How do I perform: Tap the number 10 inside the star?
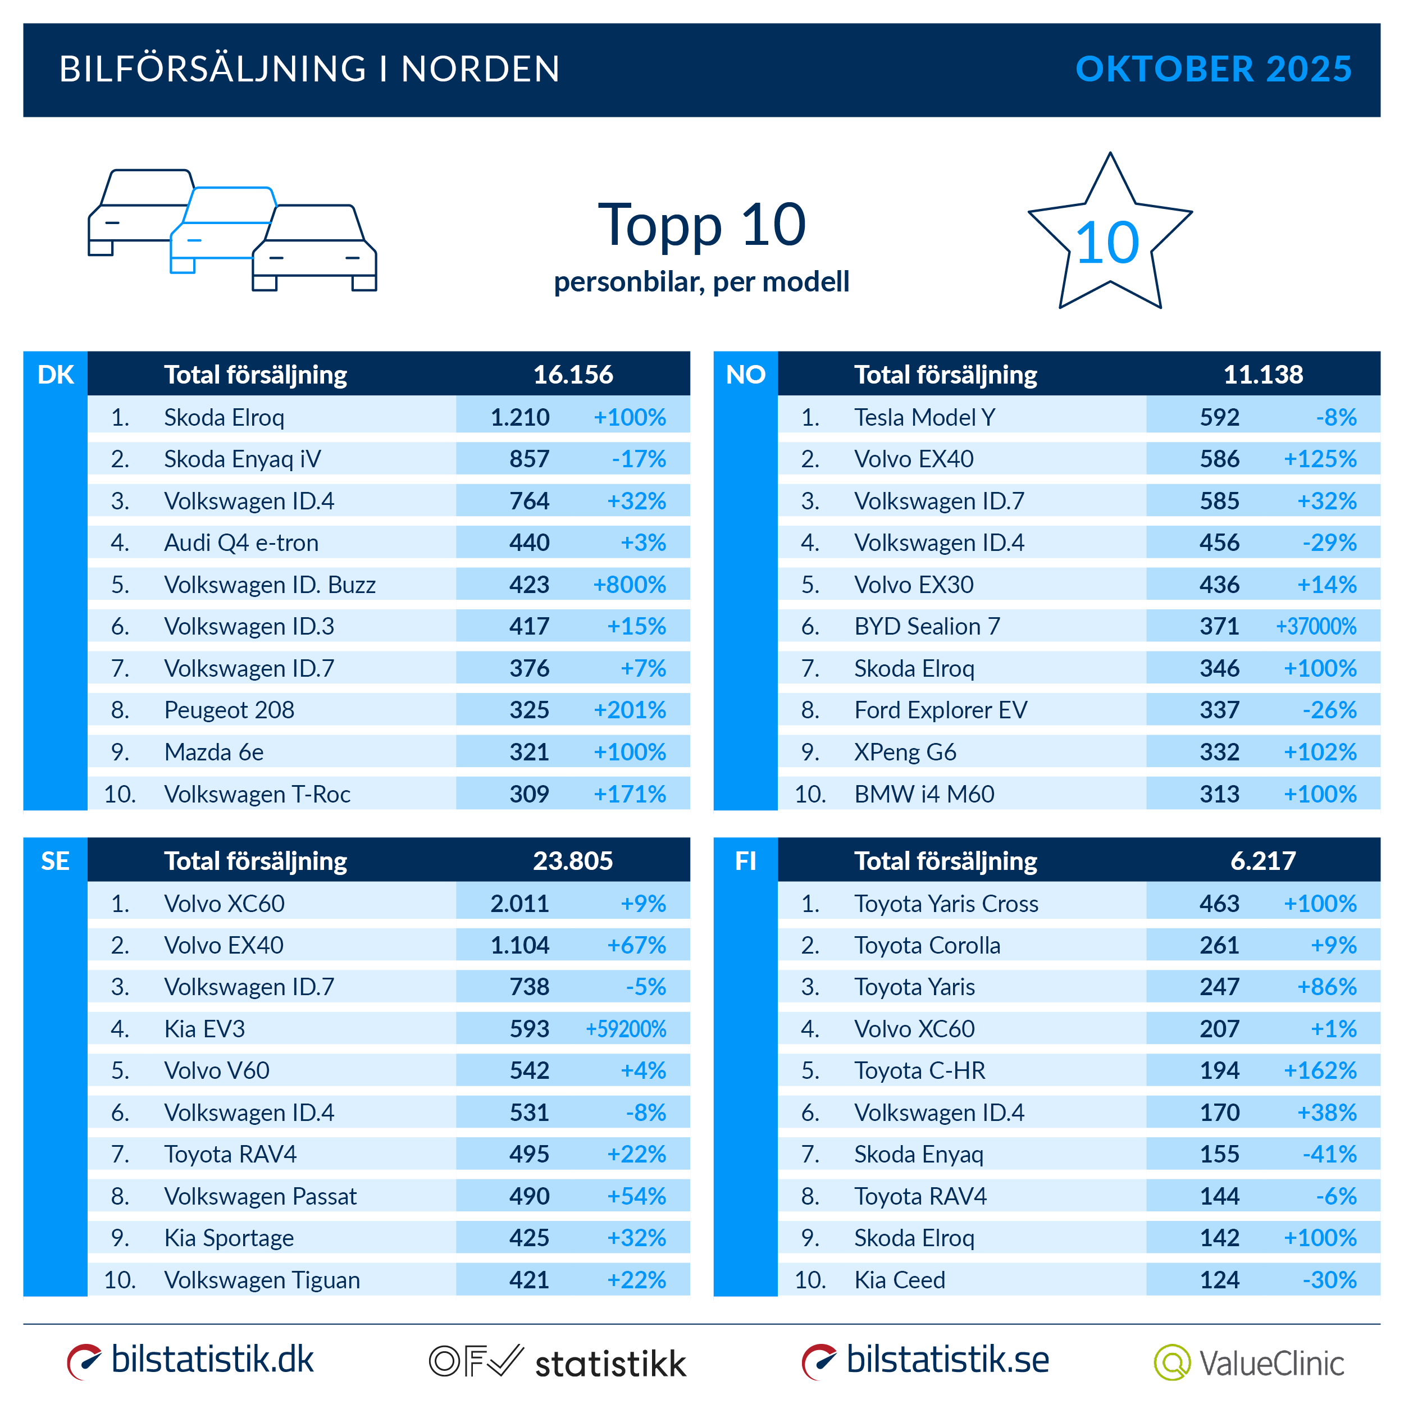(1107, 243)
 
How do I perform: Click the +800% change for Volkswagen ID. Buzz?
(630, 584)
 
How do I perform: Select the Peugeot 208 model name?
(229, 710)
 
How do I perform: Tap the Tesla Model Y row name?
(924, 417)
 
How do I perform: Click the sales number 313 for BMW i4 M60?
(1219, 794)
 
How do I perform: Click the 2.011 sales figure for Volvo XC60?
(519, 903)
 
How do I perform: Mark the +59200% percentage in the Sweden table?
(626, 1029)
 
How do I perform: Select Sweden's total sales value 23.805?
(573, 861)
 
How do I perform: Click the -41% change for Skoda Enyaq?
(1329, 1154)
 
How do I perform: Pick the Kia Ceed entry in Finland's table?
(899, 1280)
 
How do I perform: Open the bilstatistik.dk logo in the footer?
(190, 1360)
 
